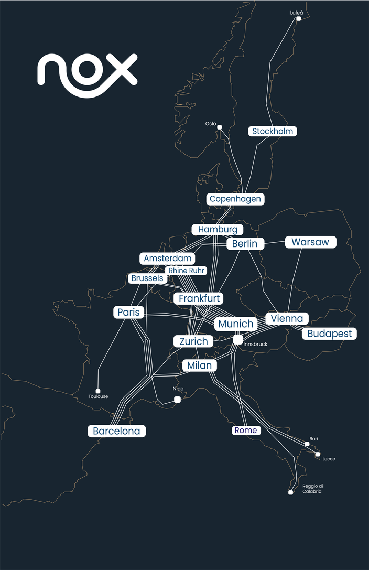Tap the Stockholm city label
pyautogui.click(x=273, y=131)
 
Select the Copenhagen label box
pyautogui.click(x=235, y=199)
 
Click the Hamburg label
pyautogui.click(x=218, y=230)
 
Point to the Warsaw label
pyautogui.click(x=310, y=242)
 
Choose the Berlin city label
pyautogui.click(x=245, y=244)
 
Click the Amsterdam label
pyautogui.click(x=168, y=259)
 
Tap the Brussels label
pyautogui.click(x=147, y=278)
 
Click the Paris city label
pyautogui.click(x=129, y=313)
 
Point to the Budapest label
pyautogui.click(x=329, y=334)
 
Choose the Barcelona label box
pyautogui.click(x=116, y=431)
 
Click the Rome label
pyautogui.click(x=246, y=431)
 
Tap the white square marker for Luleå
pyautogui.click(x=298, y=19)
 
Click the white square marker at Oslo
pyautogui.click(x=220, y=127)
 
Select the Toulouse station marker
pyautogui.click(x=98, y=391)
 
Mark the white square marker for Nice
pyautogui.click(x=177, y=400)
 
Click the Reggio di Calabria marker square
pyautogui.click(x=290, y=492)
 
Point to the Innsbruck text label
pyautogui.click(x=256, y=345)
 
